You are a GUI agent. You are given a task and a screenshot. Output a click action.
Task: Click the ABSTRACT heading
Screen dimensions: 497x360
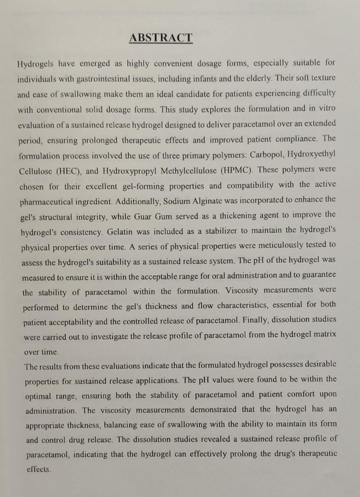click(x=161, y=38)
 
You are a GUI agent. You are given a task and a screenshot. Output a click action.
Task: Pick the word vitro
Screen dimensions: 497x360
click(x=326, y=108)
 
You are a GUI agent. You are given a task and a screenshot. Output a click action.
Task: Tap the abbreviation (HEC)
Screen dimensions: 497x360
click(x=69, y=171)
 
